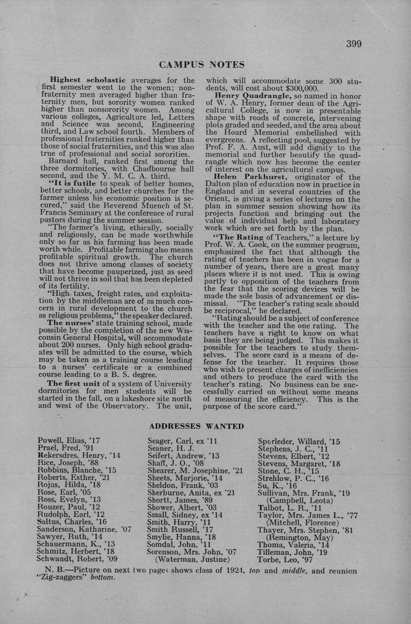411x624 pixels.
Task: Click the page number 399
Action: (354, 44)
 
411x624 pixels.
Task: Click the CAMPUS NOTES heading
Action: (202, 65)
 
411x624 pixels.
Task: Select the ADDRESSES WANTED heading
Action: (196, 426)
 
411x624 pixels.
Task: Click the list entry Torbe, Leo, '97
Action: (285, 559)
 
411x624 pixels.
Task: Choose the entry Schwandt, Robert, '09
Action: (77, 558)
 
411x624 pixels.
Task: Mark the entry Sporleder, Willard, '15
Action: (299, 442)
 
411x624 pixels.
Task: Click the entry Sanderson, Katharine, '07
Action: (84, 529)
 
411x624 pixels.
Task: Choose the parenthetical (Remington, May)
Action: (299, 538)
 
